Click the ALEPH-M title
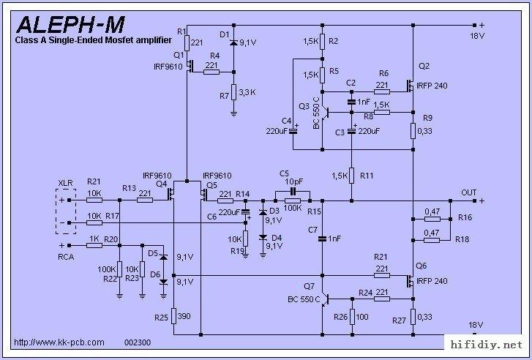(x=70, y=25)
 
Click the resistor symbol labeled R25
(x=173, y=316)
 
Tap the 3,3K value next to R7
(x=247, y=92)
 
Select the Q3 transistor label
(x=304, y=106)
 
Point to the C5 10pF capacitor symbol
(x=293, y=192)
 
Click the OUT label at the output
(x=468, y=192)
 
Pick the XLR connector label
(x=65, y=183)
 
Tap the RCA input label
(x=66, y=257)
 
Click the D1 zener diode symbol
(x=233, y=42)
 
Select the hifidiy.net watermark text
(x=486, y=345)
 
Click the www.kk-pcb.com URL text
(x=59, y=342)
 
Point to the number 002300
(x=138, y=342)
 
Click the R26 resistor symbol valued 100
(x=352, y=317)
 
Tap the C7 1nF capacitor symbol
(x=322, y=239)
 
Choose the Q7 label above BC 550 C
(x=309, y=286)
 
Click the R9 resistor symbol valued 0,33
(x=413, y=131)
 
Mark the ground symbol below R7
(x=233, y=114)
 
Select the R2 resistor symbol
(x=322, y=41)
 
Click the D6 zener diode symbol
(x=163, y=282)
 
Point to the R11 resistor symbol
(x=352, y=176)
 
